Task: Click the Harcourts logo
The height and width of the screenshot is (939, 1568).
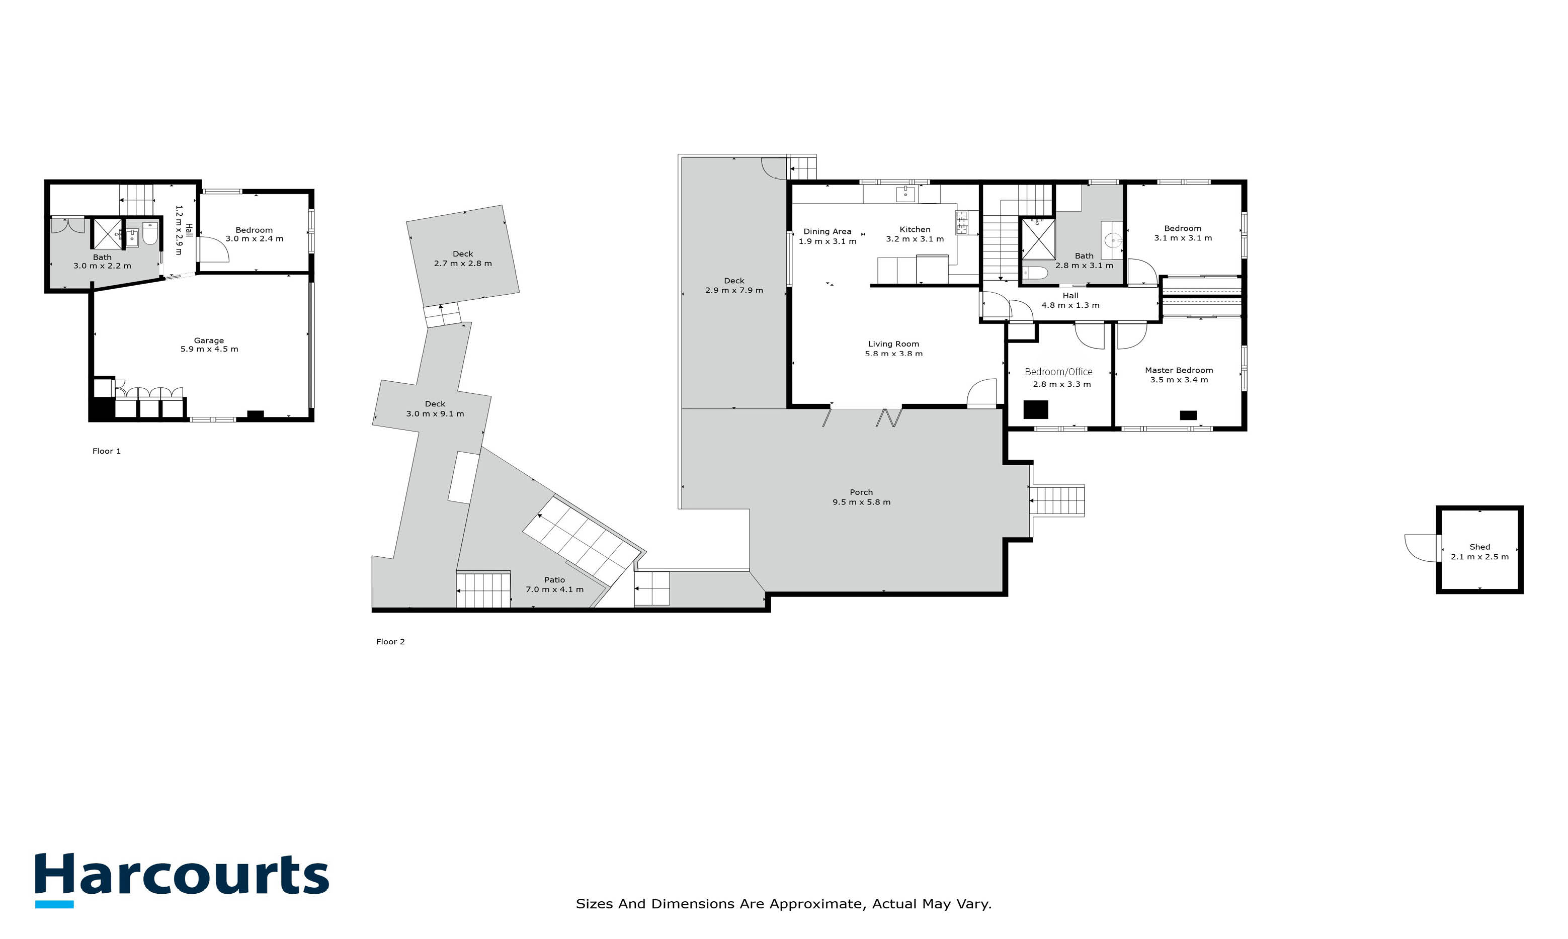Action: pos(182,880)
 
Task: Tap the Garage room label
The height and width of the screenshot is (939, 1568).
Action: pos(209,340)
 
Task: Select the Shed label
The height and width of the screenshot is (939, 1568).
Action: pos(1479,547)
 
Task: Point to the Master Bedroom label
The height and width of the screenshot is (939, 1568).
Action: pos(1179,370)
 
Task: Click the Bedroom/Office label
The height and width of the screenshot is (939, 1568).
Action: pos(1058,372)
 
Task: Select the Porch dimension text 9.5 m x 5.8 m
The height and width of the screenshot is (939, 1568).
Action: pos(861,502)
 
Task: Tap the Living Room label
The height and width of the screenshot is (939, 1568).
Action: pos(893,344)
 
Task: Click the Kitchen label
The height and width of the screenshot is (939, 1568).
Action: pos(915,230)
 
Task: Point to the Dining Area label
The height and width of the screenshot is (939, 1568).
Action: pos(827,231)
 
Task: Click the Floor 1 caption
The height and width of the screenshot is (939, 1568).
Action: pos(106,451)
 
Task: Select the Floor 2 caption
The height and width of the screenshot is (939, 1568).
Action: pos(390,642)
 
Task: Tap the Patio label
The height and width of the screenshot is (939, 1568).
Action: pos(554,579)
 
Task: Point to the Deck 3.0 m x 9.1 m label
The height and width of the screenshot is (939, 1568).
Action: pos(435,409)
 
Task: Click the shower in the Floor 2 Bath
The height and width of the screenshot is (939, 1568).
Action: pos(1038,239)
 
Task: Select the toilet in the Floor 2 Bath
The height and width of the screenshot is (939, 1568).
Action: pos(1036,273)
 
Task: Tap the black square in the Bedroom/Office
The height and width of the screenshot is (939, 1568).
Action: pos(1036,409)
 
